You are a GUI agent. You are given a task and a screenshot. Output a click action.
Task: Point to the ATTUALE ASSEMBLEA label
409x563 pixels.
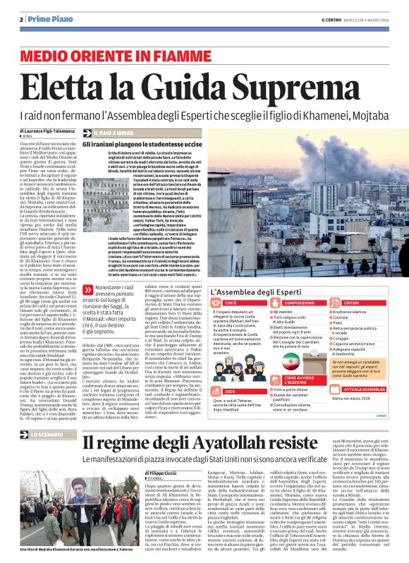click(366, 389)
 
